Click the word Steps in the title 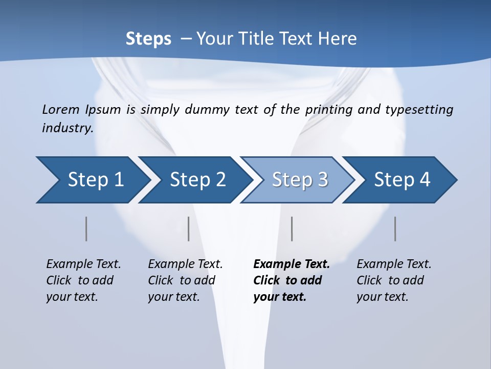[x=148, y=39]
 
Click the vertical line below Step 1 [x=86, y=229]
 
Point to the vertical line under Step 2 [x=189, y=229]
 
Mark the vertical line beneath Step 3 [x=292, y=229]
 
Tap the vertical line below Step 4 [x=395, y=229]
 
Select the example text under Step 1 [x=83, y=280]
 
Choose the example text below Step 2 [x=185, y=280]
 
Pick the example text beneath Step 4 [x=394, y=280]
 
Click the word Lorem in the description [x=61, y=110]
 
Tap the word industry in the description [x=68, y=128]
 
